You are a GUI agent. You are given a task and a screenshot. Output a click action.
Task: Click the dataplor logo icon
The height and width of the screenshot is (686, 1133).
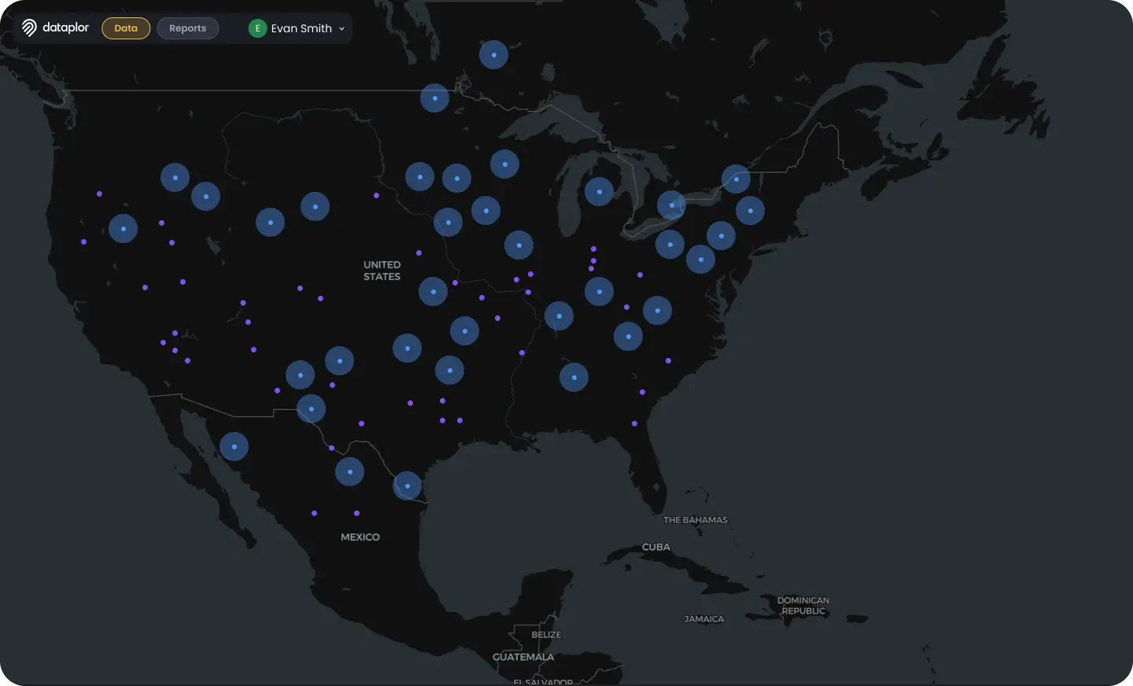click(29, 28)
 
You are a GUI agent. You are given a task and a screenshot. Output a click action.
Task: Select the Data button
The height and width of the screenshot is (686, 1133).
click(126, 28)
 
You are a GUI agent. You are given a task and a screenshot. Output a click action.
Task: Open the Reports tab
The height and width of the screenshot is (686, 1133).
click(187, 28)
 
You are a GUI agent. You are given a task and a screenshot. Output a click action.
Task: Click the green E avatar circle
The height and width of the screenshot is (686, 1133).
click(257, 28)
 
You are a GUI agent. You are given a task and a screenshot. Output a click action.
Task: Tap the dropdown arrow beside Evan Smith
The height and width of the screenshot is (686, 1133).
click(341, 29)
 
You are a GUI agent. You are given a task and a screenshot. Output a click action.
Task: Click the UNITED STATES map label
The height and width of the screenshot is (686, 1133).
click(382, 271)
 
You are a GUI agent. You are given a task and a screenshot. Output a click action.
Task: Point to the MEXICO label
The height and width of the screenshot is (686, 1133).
click(360, 537)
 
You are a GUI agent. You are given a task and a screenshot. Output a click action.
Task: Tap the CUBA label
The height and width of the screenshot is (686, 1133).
click(656, 547)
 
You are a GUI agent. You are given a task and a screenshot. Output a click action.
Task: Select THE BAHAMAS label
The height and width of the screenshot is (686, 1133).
click(696, 520)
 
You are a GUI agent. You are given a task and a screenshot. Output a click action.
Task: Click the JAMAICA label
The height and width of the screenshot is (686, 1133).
click(704, 619)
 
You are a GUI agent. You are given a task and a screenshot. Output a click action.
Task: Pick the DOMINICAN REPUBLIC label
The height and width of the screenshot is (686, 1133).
click(803, 605)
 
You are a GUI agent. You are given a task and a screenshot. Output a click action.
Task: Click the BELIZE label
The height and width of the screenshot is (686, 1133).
click(546, 635)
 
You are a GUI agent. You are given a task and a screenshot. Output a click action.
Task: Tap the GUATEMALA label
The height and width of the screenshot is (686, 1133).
click(523, 657)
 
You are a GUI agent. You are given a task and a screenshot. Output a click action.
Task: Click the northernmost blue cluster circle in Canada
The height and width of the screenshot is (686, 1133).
click(493, 55)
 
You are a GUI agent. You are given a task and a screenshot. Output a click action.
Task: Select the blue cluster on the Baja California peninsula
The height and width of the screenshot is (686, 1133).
click(234, 447)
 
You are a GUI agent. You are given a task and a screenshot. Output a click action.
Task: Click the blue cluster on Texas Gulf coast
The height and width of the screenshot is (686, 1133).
click(407, 486)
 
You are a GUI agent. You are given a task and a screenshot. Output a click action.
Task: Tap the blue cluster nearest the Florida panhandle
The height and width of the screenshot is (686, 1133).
click(574, 378)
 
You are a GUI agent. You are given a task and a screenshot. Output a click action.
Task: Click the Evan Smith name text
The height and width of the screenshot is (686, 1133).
click(301, 28)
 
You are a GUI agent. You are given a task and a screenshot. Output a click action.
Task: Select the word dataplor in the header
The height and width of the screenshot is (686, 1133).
click(66, 28)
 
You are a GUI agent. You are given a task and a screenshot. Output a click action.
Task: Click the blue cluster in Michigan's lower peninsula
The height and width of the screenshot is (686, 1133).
click(599, 191)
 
